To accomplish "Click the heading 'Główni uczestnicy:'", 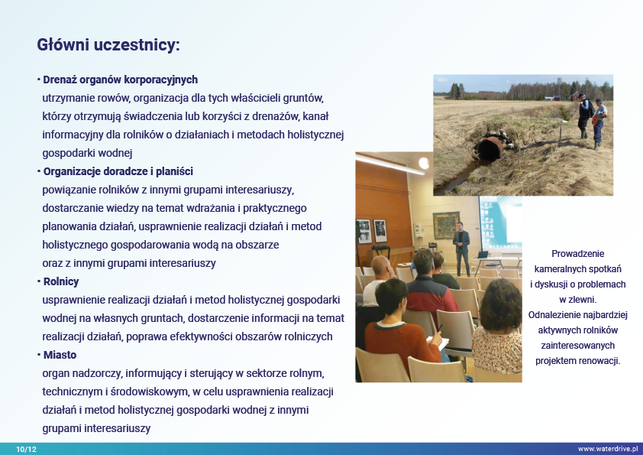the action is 108,45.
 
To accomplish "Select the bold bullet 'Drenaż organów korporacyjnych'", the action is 120,80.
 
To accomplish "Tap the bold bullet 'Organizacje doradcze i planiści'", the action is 118,171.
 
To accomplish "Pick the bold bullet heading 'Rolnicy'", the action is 61,281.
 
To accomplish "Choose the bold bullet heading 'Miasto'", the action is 60,355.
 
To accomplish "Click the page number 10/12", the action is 26,449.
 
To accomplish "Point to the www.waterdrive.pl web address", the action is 608,449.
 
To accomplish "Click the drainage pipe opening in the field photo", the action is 489,148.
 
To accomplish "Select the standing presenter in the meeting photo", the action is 462,249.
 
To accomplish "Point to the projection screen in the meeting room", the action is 500,223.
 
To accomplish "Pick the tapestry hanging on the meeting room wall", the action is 446,225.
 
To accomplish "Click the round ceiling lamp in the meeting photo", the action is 425,164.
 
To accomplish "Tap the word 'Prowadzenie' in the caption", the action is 578,254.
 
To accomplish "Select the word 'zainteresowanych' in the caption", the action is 578,346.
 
